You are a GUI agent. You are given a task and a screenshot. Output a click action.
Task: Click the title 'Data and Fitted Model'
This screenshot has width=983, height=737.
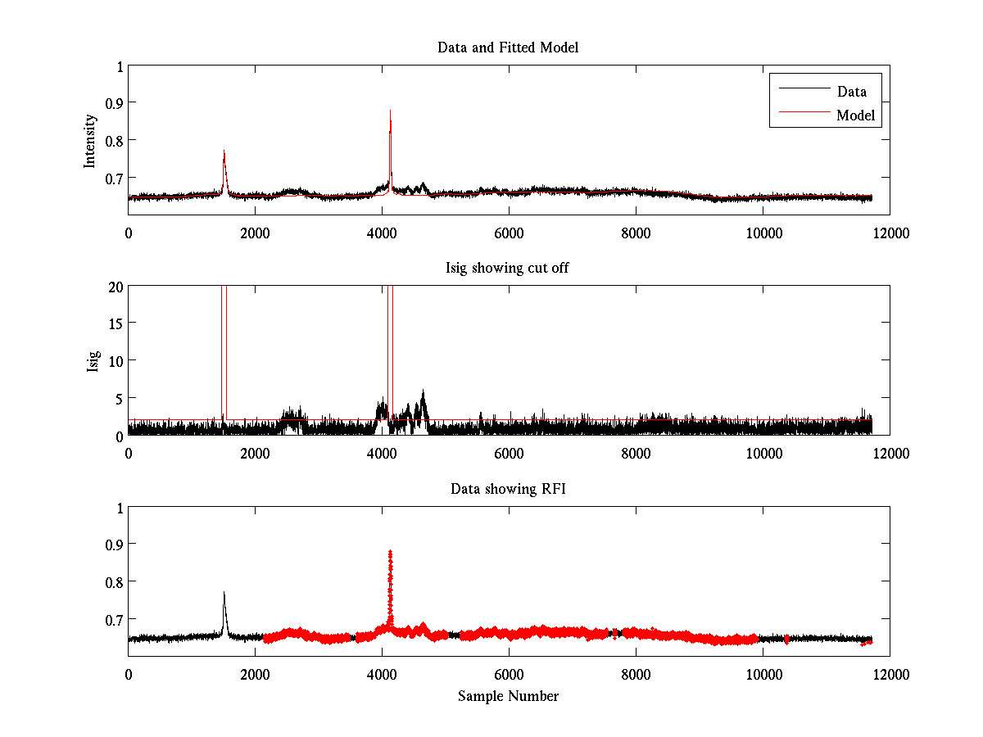tap(508, 47)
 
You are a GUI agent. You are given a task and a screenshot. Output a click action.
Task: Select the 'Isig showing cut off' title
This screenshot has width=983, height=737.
tap(508, 268)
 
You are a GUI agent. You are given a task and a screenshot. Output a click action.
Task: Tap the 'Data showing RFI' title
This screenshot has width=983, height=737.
tap(508, 489)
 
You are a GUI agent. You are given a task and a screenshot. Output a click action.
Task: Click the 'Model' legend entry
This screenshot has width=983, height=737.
tap(856, 115)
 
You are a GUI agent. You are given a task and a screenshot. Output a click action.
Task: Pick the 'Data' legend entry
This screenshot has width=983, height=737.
tap(851, 92)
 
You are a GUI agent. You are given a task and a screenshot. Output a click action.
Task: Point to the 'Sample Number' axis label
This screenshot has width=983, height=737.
tap(508, 696)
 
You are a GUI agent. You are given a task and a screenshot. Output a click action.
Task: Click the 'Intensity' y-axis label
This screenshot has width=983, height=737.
tap(91, 140)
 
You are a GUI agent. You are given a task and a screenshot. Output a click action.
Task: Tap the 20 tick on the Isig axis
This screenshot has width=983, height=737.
tap(114, 286)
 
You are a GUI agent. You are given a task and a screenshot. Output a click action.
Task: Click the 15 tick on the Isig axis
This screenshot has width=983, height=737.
tap(114, 323)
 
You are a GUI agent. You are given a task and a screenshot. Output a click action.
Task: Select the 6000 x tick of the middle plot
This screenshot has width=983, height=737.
tap(509, 454)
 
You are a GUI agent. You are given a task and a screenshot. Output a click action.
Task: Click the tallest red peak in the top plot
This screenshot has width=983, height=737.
tap(390, 111)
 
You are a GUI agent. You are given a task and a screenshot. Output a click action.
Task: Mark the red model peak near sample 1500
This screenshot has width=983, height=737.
tap(224, 152)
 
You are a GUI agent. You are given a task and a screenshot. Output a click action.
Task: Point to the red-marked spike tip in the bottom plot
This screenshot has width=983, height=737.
tap(390, 553)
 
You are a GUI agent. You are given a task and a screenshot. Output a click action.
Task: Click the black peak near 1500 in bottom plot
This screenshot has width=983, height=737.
tap(224, 593)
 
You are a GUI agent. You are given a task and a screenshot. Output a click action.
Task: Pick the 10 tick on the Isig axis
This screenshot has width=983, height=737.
tap(114, 360)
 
